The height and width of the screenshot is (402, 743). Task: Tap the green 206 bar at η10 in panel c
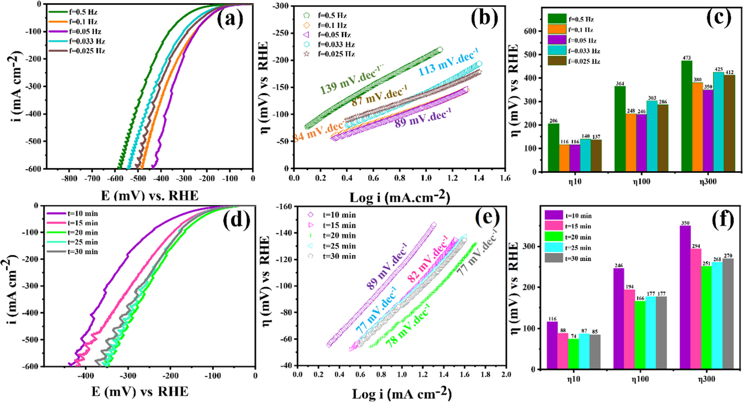pos(553,148)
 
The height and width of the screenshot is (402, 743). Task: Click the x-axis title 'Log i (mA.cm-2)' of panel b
pos(400,197)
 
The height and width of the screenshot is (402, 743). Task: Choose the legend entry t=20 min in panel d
pos(82,233)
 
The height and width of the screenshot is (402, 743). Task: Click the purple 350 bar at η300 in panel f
pos(685,297)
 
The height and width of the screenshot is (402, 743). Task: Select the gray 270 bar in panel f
pos(728,313)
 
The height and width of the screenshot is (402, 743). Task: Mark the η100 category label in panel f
pos(640,379)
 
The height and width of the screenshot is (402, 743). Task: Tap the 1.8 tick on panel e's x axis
pos(485,375)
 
